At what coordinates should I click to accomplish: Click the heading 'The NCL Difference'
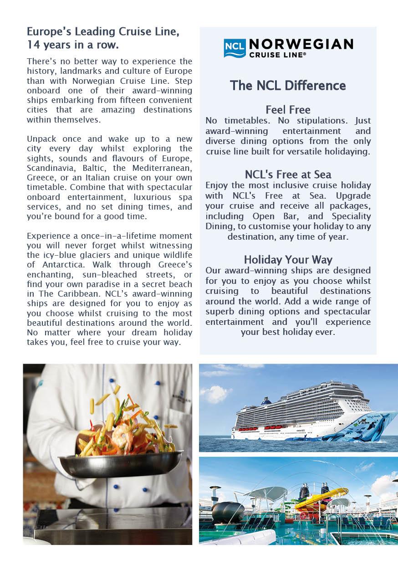[x=288, y=85]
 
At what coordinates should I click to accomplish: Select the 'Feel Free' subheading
[x=288, y=110]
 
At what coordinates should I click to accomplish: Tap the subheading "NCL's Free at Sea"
[x=288, y=175]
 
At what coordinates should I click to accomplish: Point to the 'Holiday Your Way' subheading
[x=288, y=260]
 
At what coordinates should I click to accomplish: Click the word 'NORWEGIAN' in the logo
[x=301, y=44]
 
